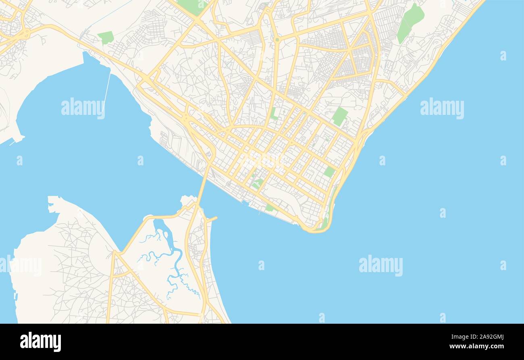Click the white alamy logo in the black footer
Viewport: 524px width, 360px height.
point(40,342)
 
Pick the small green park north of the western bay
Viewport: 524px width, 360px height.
point(106,37)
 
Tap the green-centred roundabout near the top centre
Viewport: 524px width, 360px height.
point(277,40)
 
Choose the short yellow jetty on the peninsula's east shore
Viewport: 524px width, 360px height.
point(212,219)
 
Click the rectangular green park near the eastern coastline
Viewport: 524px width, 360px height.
point(339,116)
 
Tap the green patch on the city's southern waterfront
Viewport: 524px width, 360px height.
point(270,208)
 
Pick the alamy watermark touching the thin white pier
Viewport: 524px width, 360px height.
point(83,108)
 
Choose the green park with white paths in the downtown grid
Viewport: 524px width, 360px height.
point(257,184)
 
